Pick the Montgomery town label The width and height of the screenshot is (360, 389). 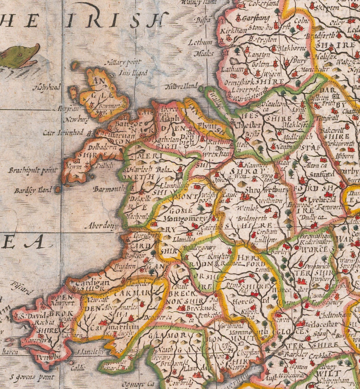point(186,218)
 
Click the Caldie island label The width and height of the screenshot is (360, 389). point(78,368)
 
